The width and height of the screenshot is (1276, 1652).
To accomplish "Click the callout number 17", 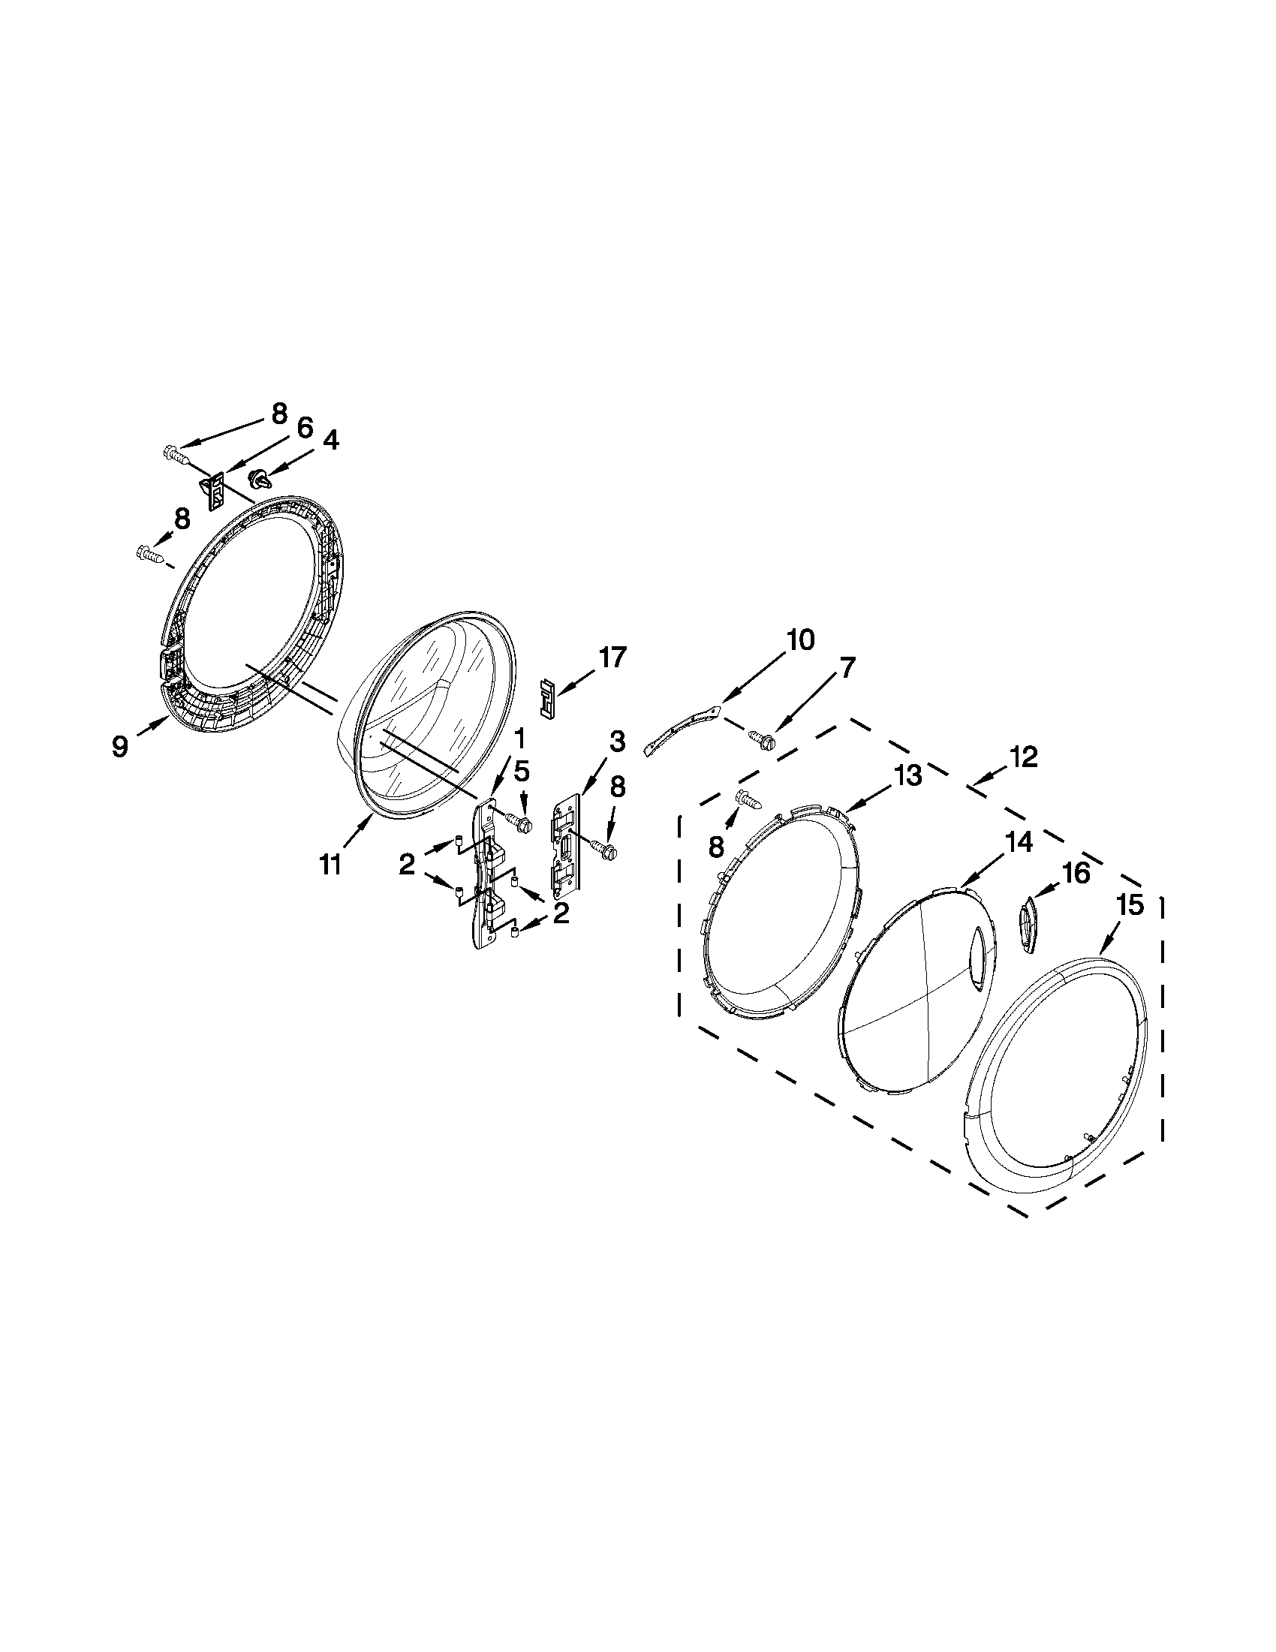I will click(x=612, y=658).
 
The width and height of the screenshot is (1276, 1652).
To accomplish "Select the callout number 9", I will click(x=120, y=746).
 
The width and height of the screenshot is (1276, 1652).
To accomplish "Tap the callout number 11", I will click(x=330, y=864).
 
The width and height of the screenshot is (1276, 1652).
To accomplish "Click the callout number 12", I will click(x=1022, y=757).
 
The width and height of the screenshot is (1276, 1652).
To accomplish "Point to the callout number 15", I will click(x=1131, y=905).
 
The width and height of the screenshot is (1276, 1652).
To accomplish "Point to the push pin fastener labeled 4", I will click(x=258, y=477).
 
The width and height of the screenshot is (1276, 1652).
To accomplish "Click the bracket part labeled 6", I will click(x=215, y=488).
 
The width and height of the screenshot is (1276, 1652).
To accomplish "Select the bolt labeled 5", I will click(x=521, y=820).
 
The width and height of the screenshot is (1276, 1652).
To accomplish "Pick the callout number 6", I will click(x=304, y=429).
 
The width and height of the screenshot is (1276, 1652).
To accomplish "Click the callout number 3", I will click(x=617, y=742).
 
